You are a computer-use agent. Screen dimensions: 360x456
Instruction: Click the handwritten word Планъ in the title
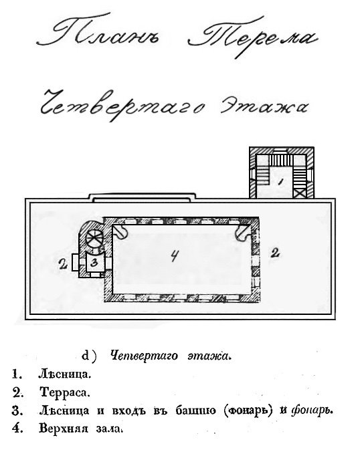(x=99, y=32)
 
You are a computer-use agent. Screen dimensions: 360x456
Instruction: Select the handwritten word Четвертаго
(x=122, y=105)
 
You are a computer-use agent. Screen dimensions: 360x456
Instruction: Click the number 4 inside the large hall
(x=174, y=255)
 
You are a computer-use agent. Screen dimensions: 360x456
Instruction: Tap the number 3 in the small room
(x=94, y=263)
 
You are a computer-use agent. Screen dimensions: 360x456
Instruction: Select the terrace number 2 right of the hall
(x=275, y=253)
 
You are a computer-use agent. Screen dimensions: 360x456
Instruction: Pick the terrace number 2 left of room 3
(x=63, y=264)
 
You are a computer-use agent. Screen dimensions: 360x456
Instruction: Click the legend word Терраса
(x=65, y=392)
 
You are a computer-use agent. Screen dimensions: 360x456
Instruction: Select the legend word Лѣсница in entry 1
(x=65, y=374)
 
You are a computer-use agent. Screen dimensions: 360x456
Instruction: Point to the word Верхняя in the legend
(x=63, y=429)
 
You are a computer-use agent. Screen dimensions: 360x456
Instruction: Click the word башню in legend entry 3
(x=195, y=411)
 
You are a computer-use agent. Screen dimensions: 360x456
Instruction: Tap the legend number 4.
(x=17, y=429)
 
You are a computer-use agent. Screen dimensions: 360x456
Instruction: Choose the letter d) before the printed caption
(x=89, y=356)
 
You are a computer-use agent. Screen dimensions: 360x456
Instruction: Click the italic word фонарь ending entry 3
(x=310, y=411)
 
